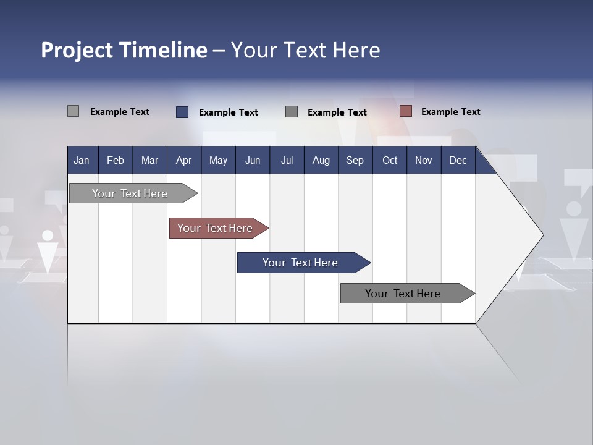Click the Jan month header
point(82,160)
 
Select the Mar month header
point(149,160)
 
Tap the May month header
point(218,160)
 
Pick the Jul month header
point(287,160)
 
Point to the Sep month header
point(355,160)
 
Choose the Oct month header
point(390,160)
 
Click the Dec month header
point(458,160)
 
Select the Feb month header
point(116,160)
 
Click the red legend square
point(405,111)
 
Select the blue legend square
point(182,112)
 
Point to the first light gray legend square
point(74,111)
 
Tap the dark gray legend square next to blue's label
point(292,111)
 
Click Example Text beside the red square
point(450,112)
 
